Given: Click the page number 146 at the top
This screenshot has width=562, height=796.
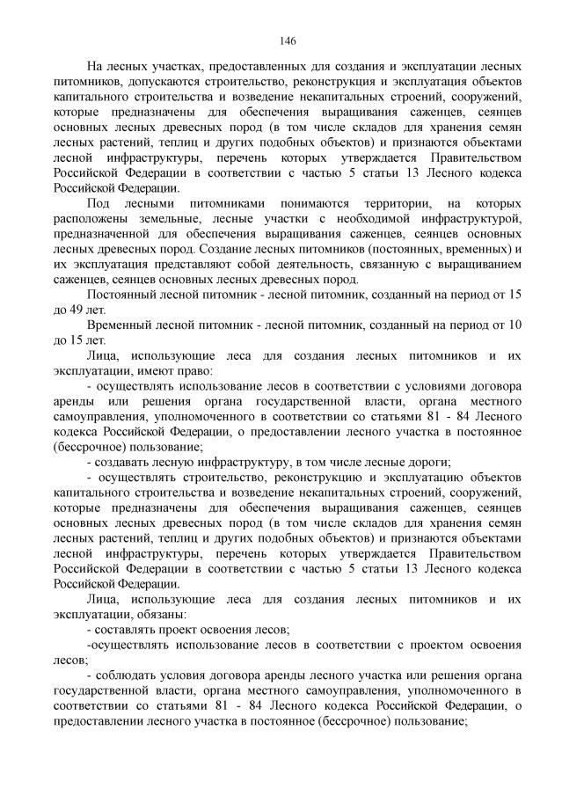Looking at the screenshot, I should [287, 40].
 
